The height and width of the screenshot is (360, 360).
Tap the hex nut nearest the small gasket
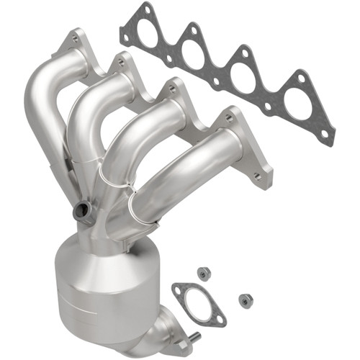[x=203, y=274]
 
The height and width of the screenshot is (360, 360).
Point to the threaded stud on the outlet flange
[x=194, y=335]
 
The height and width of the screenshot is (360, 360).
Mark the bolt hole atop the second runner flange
[x=120, y=63]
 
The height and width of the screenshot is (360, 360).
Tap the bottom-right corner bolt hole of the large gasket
[x=324, y=134]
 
